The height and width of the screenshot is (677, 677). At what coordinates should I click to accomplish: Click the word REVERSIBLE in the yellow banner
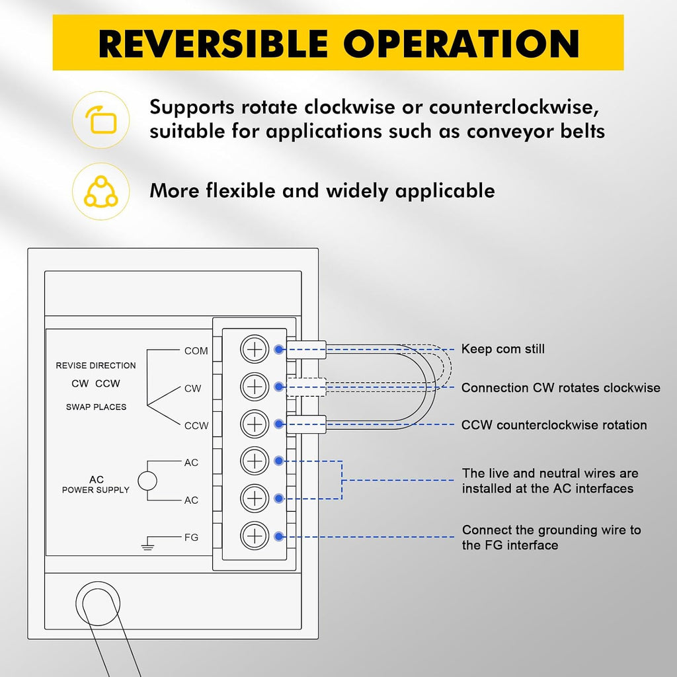click(x=214, y=44)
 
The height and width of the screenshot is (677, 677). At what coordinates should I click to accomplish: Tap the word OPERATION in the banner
click(x=461, y=44)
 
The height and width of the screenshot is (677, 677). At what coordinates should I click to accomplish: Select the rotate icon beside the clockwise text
click(x=101, y=120)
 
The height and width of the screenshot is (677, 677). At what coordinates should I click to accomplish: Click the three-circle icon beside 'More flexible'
click(x=101, y=191)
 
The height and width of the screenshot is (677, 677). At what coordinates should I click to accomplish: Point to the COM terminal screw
click(x=255, y=349)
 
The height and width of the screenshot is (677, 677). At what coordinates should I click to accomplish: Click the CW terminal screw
click(x=255, y=386)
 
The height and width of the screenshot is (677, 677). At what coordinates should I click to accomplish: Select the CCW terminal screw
click(x=255, y=424)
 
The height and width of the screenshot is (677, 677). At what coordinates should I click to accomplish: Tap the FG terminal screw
click(x=255, y=536)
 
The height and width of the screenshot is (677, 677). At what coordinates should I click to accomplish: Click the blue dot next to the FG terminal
click(x=279, y=537)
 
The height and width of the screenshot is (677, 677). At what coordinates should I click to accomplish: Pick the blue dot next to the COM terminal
click(x=279, y=349)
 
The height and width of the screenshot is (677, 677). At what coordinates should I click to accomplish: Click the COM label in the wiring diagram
click(x=196, y=350)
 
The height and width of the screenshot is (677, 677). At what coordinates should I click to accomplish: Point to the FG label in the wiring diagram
click(x=191, y=537)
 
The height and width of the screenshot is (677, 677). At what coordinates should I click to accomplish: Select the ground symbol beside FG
click(x=147, y=543)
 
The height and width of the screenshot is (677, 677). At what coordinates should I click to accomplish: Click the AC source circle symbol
click(x=147, y=481)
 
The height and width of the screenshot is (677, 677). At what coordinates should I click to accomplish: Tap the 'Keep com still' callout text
click(x=503, y=349)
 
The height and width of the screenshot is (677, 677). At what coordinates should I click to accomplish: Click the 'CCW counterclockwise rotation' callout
click(x=554, y=425)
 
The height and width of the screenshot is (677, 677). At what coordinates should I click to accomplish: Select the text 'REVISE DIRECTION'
click(x=96, y=365)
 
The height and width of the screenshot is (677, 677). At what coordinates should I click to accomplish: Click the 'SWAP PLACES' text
click(x=97, y=407)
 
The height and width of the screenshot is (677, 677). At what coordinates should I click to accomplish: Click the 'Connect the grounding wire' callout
click(x=551, y=537)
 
